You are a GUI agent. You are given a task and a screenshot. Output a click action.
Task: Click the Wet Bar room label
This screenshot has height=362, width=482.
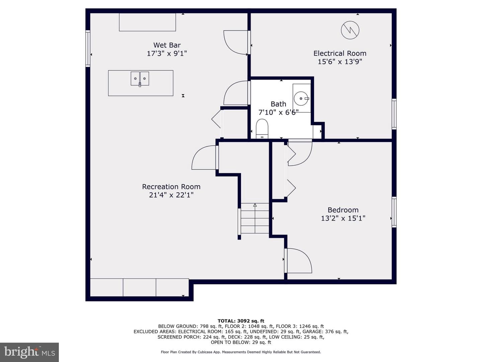[x=167, y=45]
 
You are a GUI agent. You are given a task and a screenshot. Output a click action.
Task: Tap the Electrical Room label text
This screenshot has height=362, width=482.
[x=340, y=53]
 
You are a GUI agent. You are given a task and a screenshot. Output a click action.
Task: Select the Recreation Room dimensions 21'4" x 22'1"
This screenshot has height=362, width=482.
[x=171, y=195]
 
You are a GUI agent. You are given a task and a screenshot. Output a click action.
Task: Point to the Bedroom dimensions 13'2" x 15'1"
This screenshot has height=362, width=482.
[x=343, y=218]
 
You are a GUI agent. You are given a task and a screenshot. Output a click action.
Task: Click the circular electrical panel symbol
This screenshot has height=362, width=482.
[x=350, y=30]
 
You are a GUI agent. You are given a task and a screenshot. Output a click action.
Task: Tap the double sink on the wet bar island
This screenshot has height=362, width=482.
[x=140, y=78]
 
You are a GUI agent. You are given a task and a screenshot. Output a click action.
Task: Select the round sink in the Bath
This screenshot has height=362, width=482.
[x=302, y=99]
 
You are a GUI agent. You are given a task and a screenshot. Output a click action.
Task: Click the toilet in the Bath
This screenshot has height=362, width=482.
[x=262, y=129]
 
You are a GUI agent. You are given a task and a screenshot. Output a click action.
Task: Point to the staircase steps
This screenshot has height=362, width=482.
[x=255, y=218]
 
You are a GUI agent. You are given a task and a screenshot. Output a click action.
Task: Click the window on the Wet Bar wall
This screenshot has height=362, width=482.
[x=88, y=48]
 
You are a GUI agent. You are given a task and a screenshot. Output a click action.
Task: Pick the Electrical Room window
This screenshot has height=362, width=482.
[x=394, y=114]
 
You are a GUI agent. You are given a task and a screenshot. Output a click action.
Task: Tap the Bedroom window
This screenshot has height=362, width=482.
[x=394, y=212]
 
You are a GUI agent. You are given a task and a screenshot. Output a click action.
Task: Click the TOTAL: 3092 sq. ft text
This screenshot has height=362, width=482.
[x=241, y=321]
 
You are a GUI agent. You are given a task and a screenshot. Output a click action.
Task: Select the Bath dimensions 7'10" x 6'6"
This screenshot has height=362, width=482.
[x=278, y=112]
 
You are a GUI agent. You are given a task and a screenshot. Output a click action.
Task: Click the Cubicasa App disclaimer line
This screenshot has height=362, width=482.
[x=241, y=352]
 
